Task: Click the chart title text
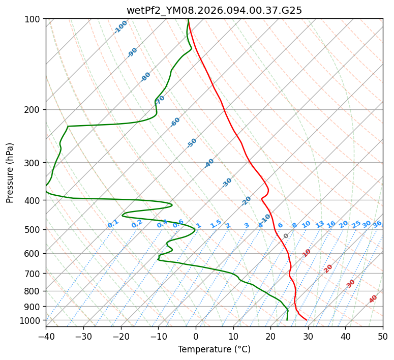click(x=214, y=10)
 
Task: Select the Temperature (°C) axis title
click(x=214, y=349)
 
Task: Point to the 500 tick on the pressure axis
click(x=34, y=230)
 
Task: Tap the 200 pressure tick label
click(x=34, y=110)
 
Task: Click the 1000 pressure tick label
click(x=32, y=320)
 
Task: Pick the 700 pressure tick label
click(x=34, y=274)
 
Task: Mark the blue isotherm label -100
click(x=120, y=27)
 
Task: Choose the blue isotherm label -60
click(x=175, y=122)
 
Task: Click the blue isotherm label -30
click(x=227, y=183)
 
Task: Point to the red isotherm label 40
click(x=373, y=299)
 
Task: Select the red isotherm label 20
click(x=328, y=268)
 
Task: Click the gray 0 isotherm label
click(x=286, y=236)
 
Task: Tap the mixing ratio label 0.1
click(x=113, y=224)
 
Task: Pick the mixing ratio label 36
click(x=377, y=224)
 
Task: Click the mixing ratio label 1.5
click(x=216, y=224)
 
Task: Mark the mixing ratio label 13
click(x=320, y=224)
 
